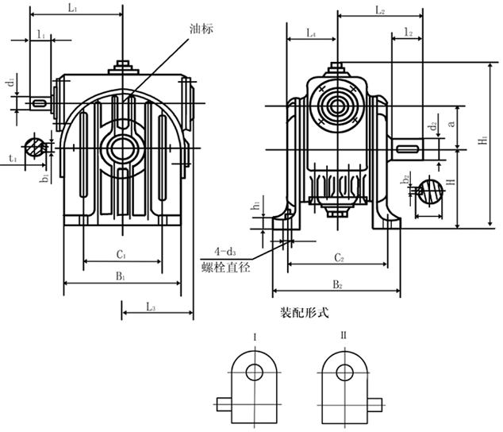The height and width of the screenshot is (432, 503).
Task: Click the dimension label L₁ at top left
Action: pyautogui.click(x=72, y=7)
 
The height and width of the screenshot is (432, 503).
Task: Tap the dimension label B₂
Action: pyautogui.click(x=336, y=283)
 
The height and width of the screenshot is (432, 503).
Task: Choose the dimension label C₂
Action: pyautogui.click(x=336, y=258)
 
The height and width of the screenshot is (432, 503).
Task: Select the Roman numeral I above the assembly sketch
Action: pyautogui.click(x=254, y=337)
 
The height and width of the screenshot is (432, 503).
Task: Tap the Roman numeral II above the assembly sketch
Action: pyautogui.click(x=344, y=337)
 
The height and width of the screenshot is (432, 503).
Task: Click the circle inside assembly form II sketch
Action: pyautogui.click(x=344, y=372)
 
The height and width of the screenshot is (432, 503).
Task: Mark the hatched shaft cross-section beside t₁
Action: pyautogui.click(x=34, y=147)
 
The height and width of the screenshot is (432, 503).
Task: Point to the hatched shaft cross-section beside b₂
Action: pyautogui.click(x=431, y=191)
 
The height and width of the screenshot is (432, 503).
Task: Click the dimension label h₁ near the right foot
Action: pyautogui.click(x=255, y=206)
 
